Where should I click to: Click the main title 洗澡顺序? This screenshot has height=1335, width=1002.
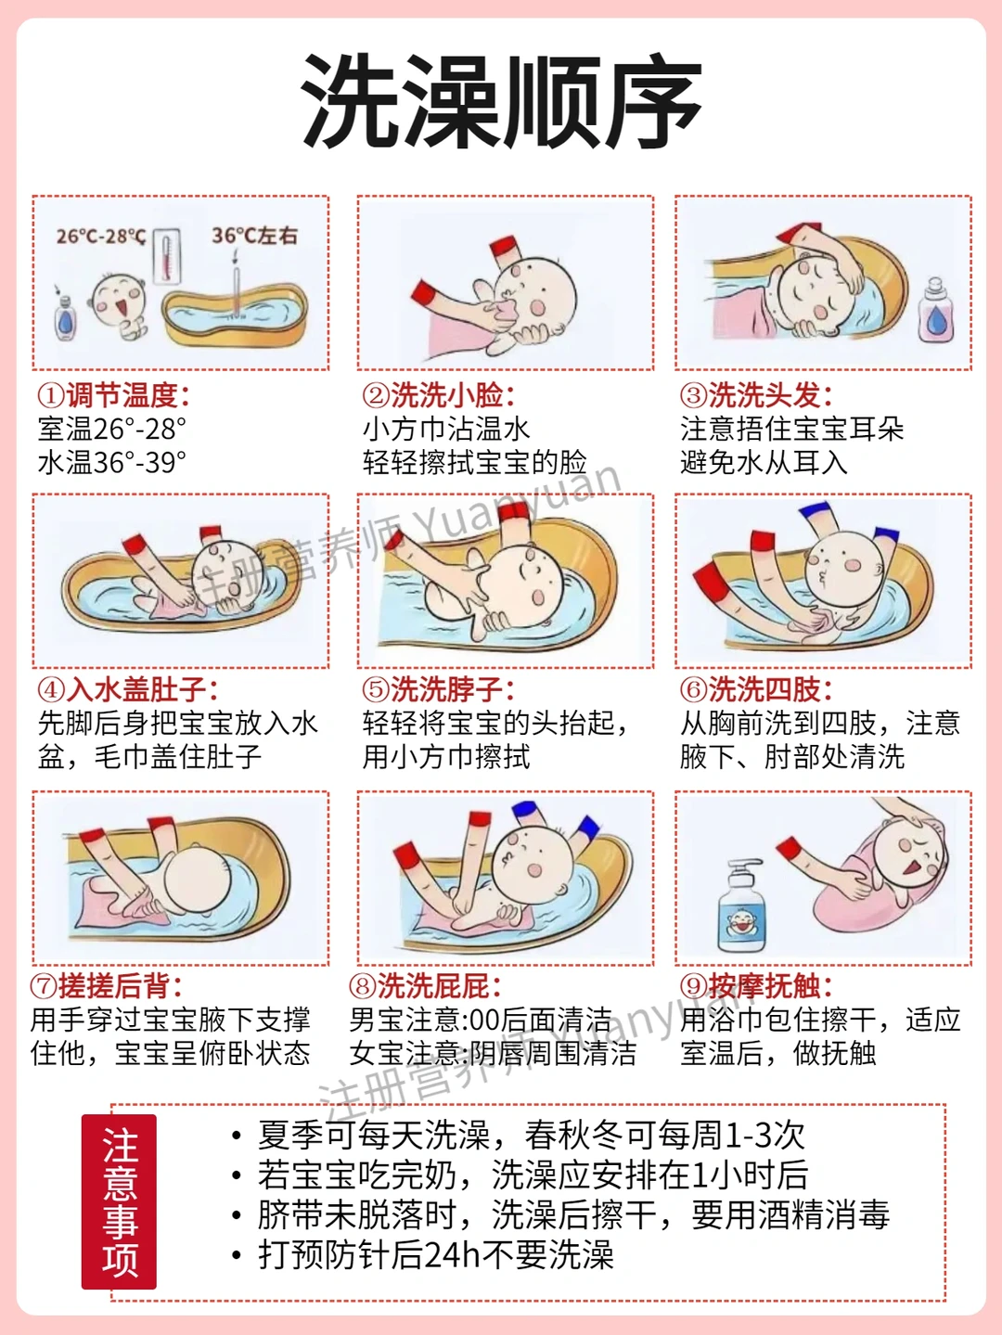pyautogui.click(x=501, y=101)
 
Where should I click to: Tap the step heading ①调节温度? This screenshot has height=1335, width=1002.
pyautogui.click(x=114, y=396)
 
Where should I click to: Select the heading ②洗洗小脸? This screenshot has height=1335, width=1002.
pyautogui.click(x=438, y=396)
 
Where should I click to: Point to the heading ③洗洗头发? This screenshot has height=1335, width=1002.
pyautogui.click(x=756, y=396)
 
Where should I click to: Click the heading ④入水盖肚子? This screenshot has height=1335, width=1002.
pyautogui.click(x=128, y=689)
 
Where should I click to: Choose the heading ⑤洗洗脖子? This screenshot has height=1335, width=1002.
pyautogui.click(x=438, y=689)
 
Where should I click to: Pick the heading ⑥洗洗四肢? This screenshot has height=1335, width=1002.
pyautogui.click(x=756, y=689)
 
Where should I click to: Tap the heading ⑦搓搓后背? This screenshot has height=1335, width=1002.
pyautogui.click(x=107, y=986)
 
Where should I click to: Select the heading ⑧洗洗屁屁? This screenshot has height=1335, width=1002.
pyautogui.click(x=426, y=986)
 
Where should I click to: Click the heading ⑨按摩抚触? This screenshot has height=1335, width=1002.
pyautogui.click(x=756, y=986)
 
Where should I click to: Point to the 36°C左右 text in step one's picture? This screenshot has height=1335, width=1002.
pyautogui.click(x=255, y=236)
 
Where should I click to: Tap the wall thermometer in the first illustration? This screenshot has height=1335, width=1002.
pyautogui.click(x=167, y=256)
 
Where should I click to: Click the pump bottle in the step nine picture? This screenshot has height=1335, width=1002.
pyautogui.click(x=741, y=905)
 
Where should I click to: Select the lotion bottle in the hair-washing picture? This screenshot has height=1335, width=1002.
pyautogui.click(x=936, y=309)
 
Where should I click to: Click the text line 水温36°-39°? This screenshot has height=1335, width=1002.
pyautogui.click(x=112, y=462)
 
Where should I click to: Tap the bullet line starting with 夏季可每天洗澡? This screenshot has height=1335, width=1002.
pyautogui.click(x=519, y=1135)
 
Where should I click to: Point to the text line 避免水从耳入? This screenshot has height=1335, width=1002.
pyautogui.click(x=764, y=462)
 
